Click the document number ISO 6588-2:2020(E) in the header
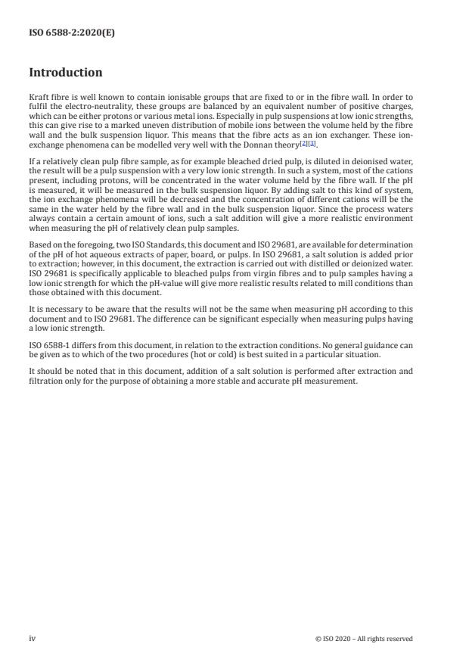coord(72,33)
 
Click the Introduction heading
coord(65,73)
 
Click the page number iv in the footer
coord(32,638)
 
